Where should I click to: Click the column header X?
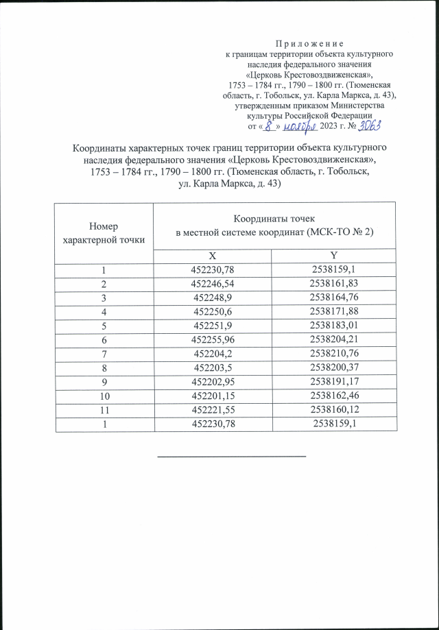[x=213, y=255]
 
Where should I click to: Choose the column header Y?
[x=334, y=255]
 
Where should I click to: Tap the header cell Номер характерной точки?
[x=104, y=233]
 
